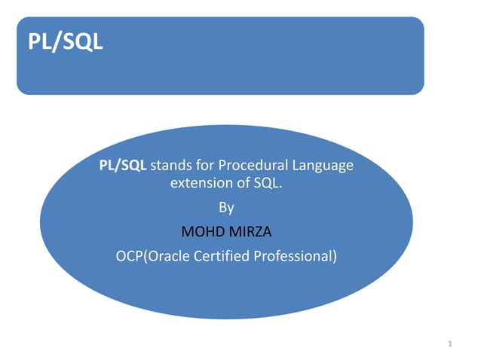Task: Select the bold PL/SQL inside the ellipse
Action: [x=124, y=165]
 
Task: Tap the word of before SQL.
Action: [x=241, y=183]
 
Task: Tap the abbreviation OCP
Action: [x=127, y=255]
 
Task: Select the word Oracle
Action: [x=166, y=255]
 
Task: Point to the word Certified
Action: [x=219, y=255]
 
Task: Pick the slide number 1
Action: [x=449, y=344]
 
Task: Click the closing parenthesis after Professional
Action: [x=334, y=256]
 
